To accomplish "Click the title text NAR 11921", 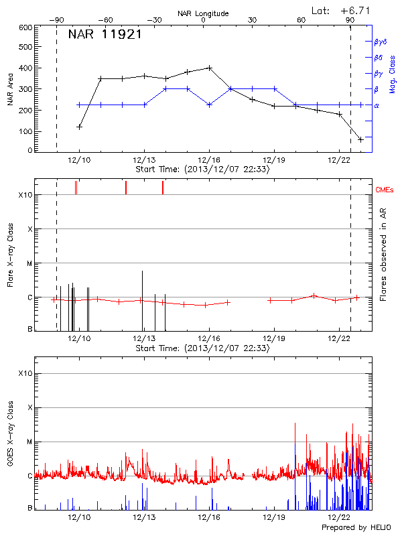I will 105,35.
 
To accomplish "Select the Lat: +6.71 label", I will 341,10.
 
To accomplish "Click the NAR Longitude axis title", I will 203,13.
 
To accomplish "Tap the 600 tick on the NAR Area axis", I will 26,28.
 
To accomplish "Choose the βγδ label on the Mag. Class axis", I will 381,42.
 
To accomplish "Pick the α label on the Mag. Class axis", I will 377,105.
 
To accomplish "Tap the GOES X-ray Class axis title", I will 10,439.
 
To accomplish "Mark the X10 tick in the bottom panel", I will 25,373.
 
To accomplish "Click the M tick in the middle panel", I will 29,263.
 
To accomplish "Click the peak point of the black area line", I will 210,68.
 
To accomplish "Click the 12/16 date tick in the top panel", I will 209,160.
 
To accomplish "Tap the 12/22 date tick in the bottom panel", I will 339,517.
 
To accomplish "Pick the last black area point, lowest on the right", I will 360,139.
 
